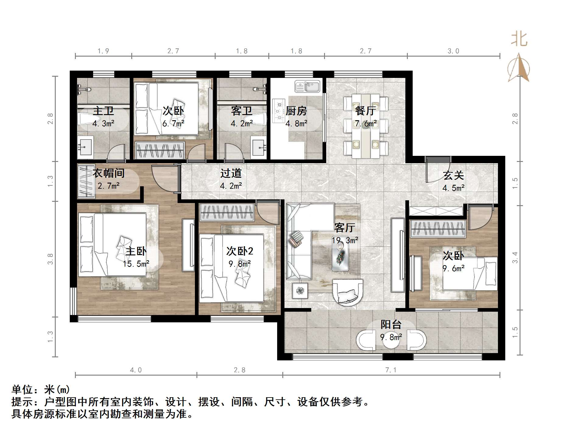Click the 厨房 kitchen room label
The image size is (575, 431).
[296, 111]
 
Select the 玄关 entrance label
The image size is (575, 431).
[453, 175]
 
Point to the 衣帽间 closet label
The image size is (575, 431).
[109, 173]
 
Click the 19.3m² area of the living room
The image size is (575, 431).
[345, 240]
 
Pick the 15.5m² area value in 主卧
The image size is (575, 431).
[136, 264]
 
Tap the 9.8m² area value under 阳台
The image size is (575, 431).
[391, 337]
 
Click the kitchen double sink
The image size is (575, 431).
[307, 86]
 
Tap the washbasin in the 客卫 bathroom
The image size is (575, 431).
[258, 148]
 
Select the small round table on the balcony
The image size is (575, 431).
[391, 340]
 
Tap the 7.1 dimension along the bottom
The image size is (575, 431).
[391, 370]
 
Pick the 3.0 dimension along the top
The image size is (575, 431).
[453, 51]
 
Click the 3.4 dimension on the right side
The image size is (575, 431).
[515, 258]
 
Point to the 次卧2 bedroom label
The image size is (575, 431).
[240, 251]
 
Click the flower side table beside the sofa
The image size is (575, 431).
[300, 290]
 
